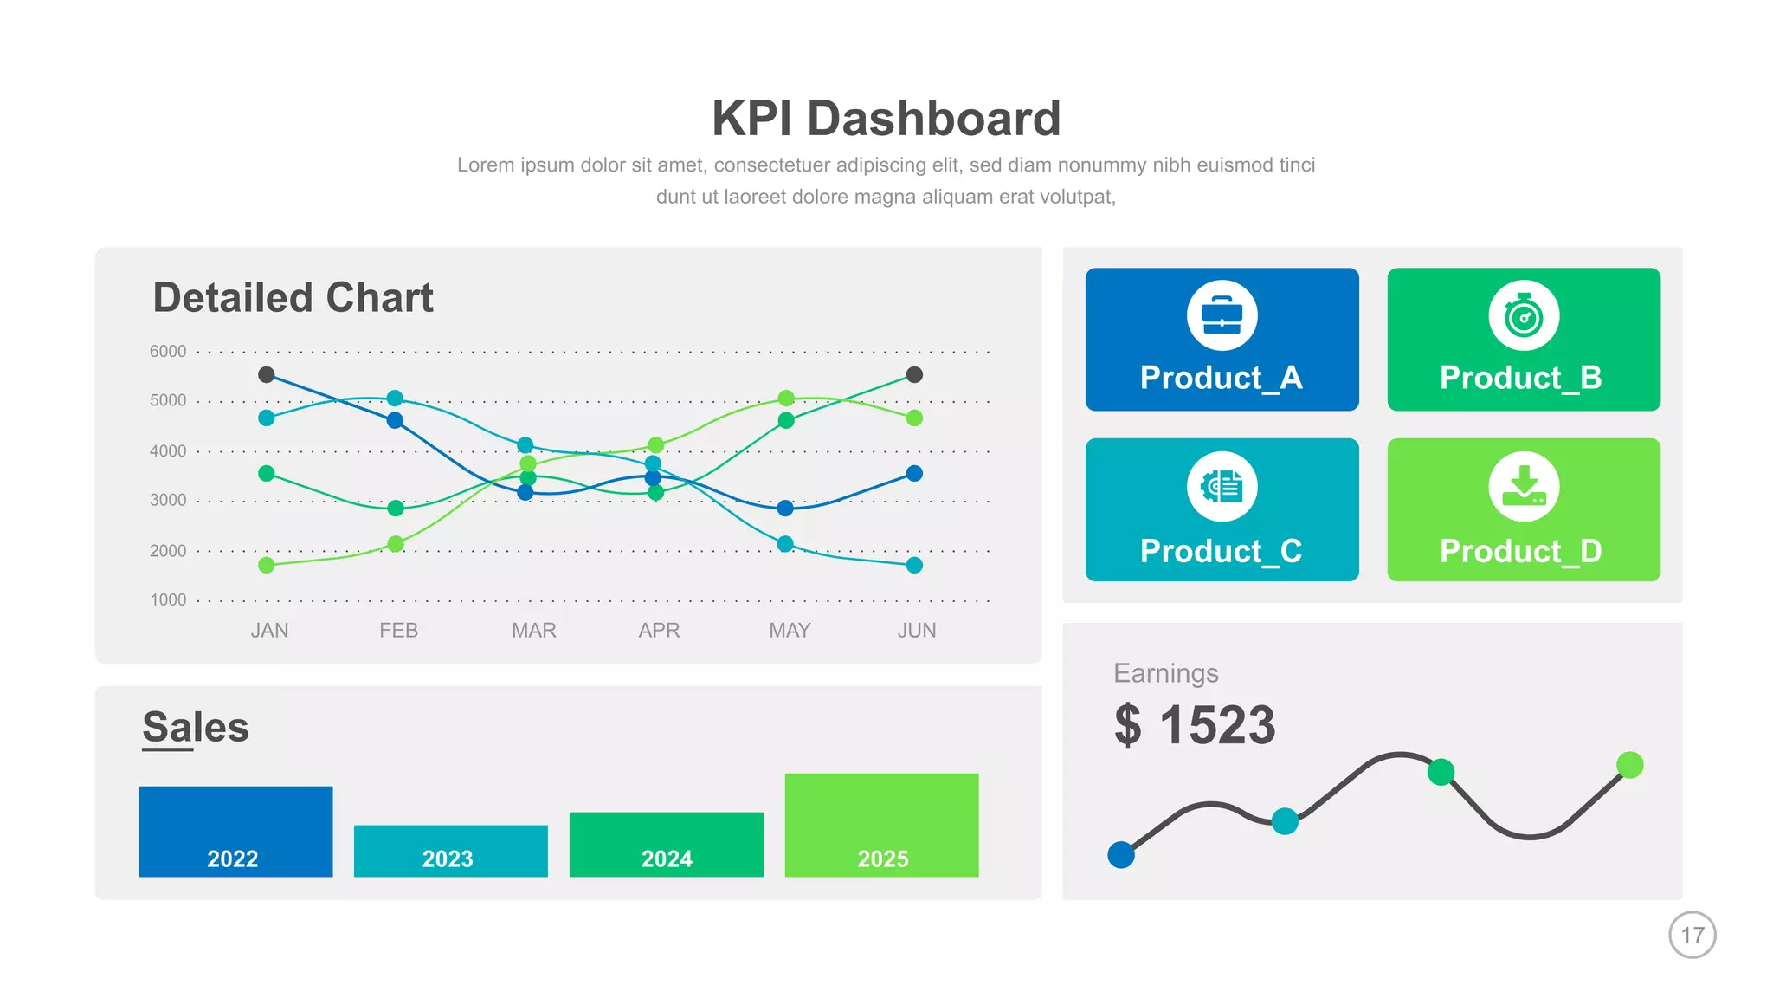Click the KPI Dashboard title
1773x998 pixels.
886,119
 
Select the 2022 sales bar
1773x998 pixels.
235,831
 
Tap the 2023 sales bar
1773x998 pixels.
450,850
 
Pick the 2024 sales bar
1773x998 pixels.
666,844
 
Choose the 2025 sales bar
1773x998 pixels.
881,824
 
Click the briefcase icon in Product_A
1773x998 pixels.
1222,315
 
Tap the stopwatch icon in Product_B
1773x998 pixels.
1524,315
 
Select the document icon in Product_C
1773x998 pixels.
1222,487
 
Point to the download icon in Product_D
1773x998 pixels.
1524,487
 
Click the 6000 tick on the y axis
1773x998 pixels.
168,351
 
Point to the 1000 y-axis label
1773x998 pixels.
168,599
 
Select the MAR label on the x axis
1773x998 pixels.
533,631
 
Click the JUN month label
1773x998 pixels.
916,631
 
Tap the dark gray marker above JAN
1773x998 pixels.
267,374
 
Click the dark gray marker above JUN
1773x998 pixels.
914,374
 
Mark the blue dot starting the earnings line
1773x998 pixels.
1121,855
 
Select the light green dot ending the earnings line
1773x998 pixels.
1629,765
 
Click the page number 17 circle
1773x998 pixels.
1692,935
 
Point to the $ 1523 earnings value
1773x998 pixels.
1195,725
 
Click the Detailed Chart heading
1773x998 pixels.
293,298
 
